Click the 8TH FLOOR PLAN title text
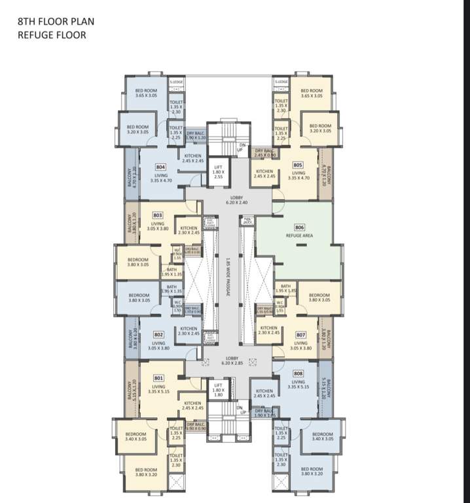[53, 21]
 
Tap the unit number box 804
[160, 167]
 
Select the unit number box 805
[298, 165]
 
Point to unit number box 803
[158, 215]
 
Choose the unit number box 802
[158, 334]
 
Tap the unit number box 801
[158, 378]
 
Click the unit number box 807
[300, 335]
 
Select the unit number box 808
[298, 374]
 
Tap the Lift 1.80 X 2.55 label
[219, 172]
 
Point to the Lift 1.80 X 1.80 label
[218, 392]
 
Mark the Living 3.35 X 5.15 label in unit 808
[298, 384]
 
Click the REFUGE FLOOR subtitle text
[52, 35]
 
